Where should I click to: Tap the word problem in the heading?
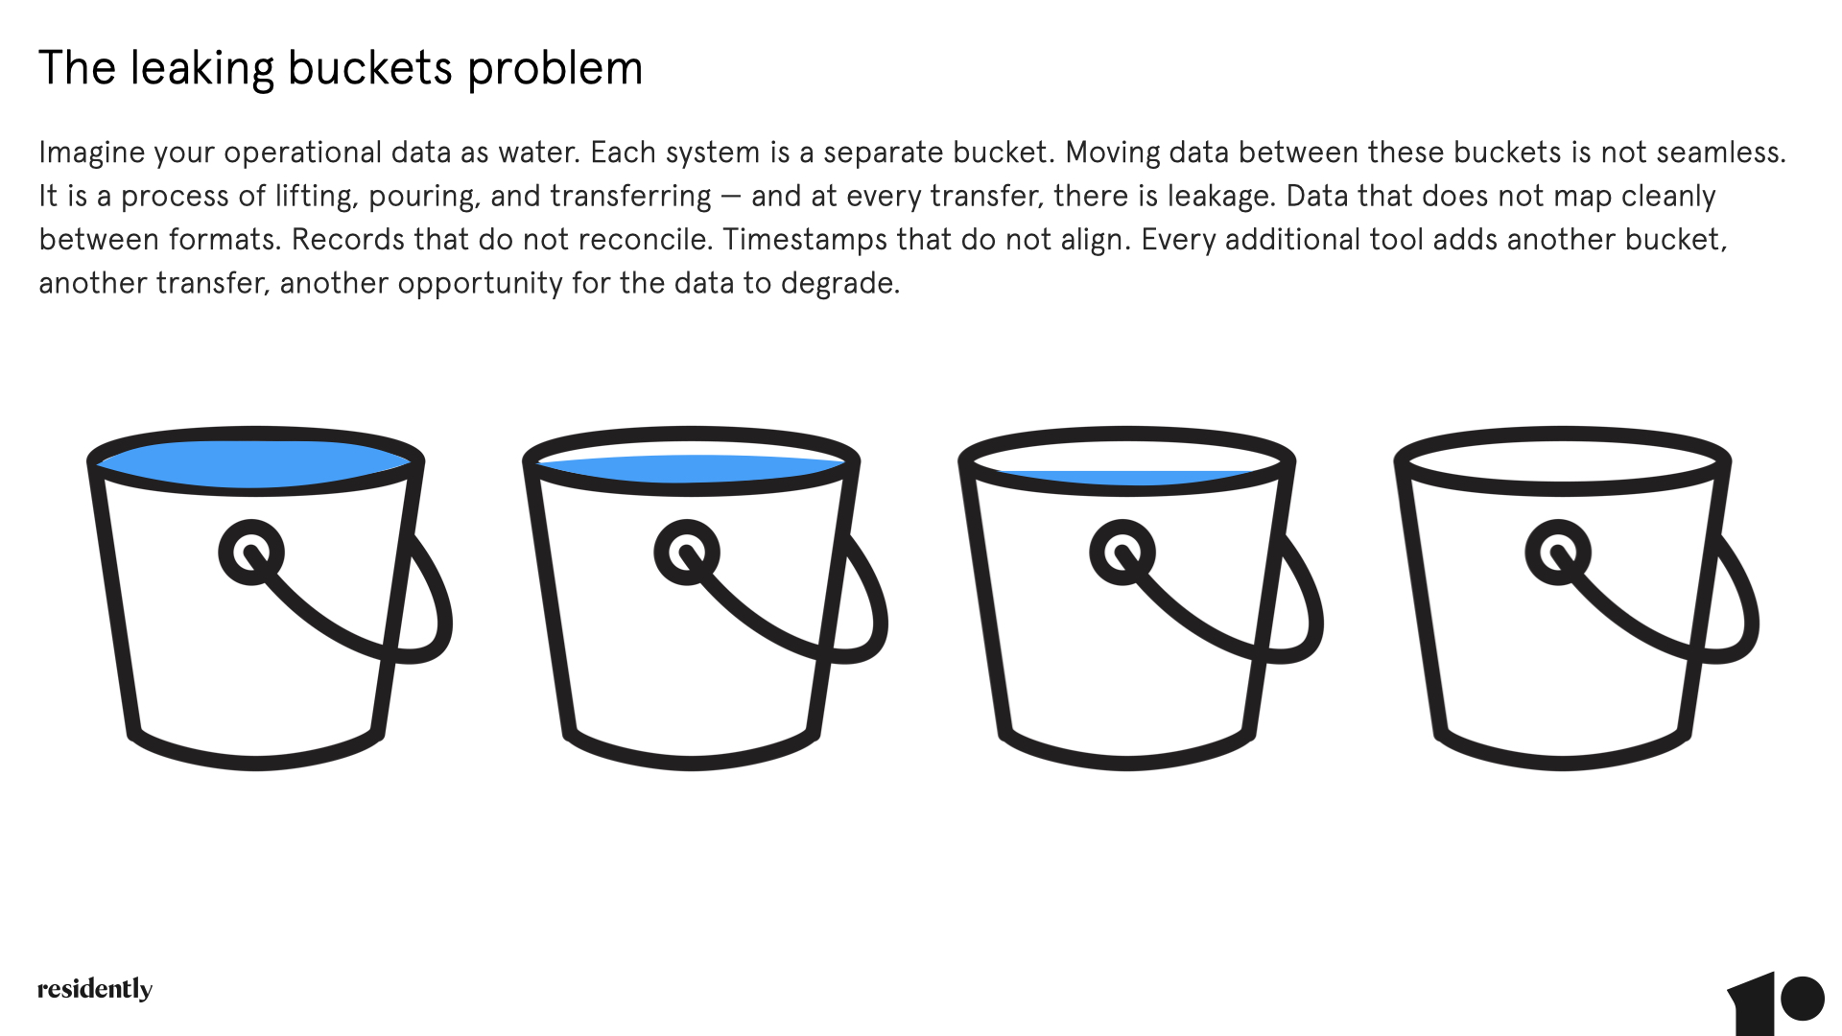pyautogui.click(x=555, y=70)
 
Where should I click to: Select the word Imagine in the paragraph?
pyautogui.click(x=92, y=153)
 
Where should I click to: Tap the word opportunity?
pyautogui.click(x=481, y=284)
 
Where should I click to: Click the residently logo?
pyautogui.click(x=95, y=989)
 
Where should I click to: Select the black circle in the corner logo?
pyautogui.click(x=1803, y=999)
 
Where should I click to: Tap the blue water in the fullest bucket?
pyautogui.click(x=255, y=464)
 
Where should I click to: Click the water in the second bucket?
pyautogui.click(x=691, y=469)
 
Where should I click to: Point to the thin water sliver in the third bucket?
pyautogui.click(x=1126, y=478)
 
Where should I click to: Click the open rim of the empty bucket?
pyautogui.click(x=1562, y=433)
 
